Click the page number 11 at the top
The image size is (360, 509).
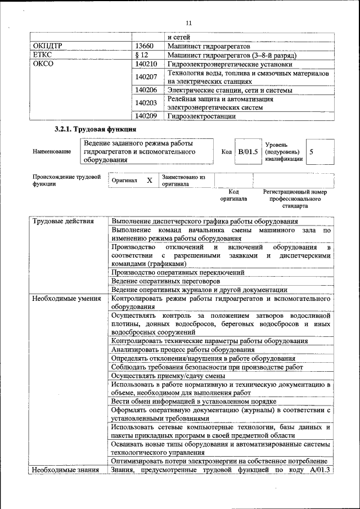188,22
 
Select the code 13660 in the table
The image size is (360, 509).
145,46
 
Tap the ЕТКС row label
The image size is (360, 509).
43,55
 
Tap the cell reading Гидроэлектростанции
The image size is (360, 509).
200,116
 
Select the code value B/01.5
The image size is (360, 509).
247,151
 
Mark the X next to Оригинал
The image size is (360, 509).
149,181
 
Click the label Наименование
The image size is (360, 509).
52,152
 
